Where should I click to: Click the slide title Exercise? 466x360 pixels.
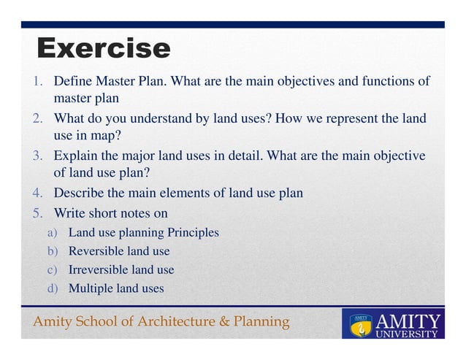pyautogui.click(x=103, y=48)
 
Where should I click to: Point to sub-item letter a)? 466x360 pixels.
pyautogui.click(x=53, y=233)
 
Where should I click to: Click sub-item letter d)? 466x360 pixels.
pyautogui.click(x=53, y=288)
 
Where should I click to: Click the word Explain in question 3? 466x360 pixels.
pyautogui.click(x=75, y=156)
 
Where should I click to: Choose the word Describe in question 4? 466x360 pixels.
pyautogui.click(x=80, y=194)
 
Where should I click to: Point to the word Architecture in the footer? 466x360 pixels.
pyautogui.click(x=172, y=322)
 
